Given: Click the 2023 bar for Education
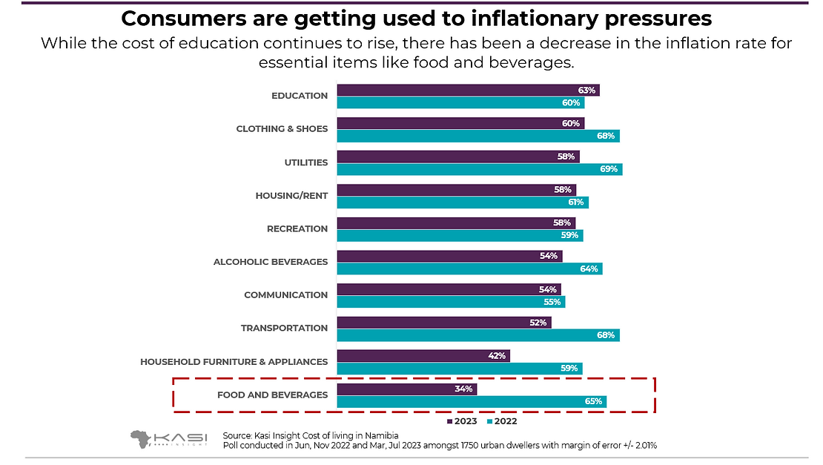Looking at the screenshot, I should (468, 90).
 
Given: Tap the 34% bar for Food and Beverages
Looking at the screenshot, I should (407, 389).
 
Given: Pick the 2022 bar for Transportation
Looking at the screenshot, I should (478, 335).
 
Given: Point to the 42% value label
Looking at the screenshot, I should (497, 356).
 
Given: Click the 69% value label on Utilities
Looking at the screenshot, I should (609, 169).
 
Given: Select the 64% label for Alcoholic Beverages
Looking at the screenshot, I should (589, 268).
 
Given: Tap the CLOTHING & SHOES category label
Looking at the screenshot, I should (282, 129).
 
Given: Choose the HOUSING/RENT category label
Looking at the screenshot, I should (291, 196).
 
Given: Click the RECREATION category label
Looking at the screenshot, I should (297, 229).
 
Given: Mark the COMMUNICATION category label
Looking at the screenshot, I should (285, 295).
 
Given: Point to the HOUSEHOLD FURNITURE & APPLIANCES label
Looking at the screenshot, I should (234, 362).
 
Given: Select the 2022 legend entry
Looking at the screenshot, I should (502, 421).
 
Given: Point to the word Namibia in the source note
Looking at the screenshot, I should (381, 435).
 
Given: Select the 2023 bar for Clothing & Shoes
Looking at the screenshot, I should (460, 123).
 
